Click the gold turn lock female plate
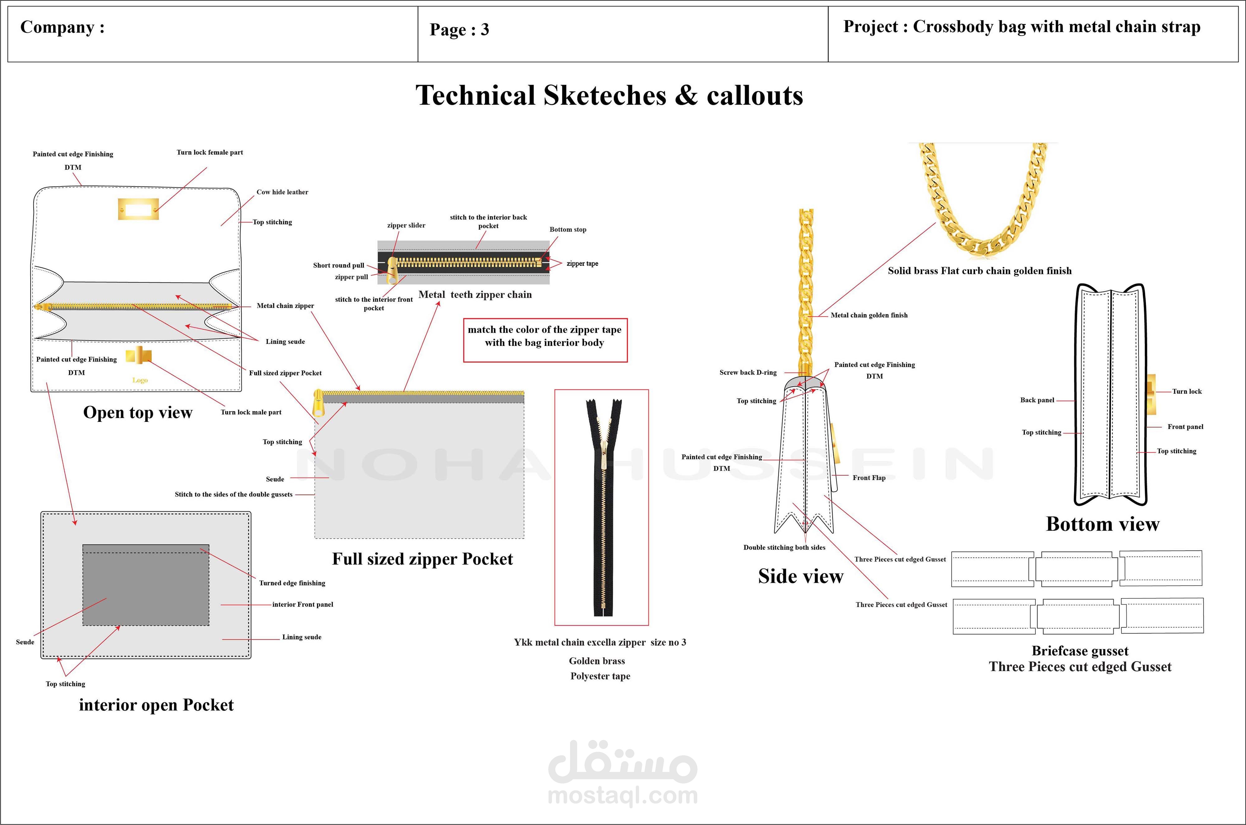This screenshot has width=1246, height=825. pyautogui.click(x=138, y=209)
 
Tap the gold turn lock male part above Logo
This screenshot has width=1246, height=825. pyautogui.click(x=139, y=356)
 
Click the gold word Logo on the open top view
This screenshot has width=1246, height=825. pyautogui.click(x=140, y=380)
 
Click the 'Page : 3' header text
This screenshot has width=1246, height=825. pyautogui.click(x=459, y=30)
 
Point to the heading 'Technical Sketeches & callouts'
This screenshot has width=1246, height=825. pyautogui.click(x=609, y=96)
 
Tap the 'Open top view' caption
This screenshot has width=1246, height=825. pyautogui.click(x=138, y=412)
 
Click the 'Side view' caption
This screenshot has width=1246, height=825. pyautogui.click(x=800, y=576)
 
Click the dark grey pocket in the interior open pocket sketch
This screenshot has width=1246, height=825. pyautogui.click(x=146, y=588)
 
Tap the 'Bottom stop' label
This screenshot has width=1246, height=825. pyautogui.click(x=568, y=229)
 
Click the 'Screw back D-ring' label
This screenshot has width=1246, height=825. pyautogui.click(x=748, y=373)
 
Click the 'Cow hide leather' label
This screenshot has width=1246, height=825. pyautogui.click(x=282, y=192)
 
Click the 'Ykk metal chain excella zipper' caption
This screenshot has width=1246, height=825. pyautogui.click(x=600, y=643)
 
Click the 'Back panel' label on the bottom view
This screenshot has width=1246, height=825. pyautogui.click(x=1037, y=400)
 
